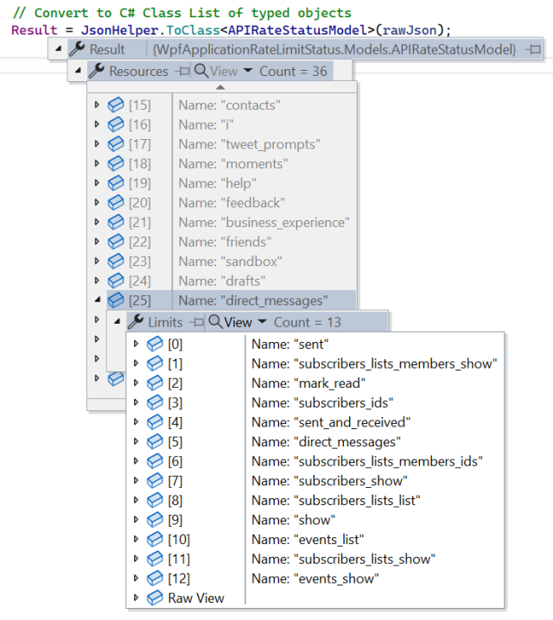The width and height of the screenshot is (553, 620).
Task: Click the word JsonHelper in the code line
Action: [119, 30]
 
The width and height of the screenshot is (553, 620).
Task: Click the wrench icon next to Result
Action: [77, 49]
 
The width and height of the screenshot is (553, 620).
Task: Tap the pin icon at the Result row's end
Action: [532, 49]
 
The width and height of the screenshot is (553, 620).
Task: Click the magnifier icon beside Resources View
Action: [201, 71]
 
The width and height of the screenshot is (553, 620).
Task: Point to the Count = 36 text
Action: [293, 71]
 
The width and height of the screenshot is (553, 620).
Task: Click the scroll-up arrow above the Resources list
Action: [220, 87]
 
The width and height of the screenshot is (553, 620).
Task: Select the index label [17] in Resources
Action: [140, 144]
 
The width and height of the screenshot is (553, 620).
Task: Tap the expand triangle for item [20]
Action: [97, 202]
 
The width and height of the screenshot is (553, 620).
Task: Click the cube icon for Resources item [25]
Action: [116, 301]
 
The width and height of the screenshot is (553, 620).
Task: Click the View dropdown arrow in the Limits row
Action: [262, 321]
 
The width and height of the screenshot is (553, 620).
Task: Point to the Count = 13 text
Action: [308, 322]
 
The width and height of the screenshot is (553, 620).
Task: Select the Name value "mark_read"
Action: [329, 383]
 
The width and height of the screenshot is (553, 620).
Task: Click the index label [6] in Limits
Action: [175, 461]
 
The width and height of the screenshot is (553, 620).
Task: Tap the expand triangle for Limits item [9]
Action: [136, 520]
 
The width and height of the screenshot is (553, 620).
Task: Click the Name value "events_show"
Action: [336, 579]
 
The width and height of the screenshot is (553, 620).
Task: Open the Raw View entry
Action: [196, 598]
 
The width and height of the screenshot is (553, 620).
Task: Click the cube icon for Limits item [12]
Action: [155, 579]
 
